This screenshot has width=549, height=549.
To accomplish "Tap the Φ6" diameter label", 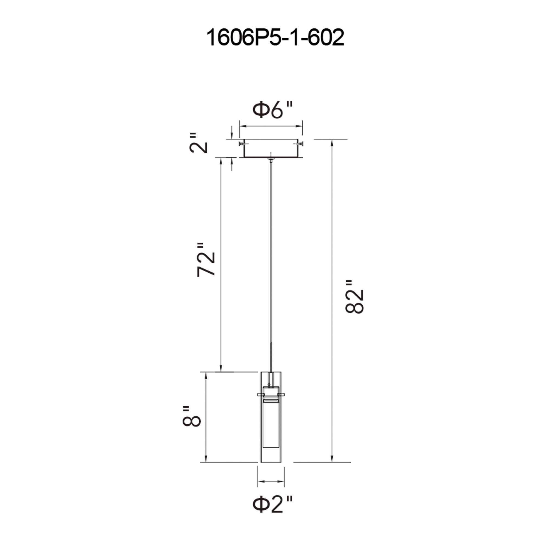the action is [x=272, y=110].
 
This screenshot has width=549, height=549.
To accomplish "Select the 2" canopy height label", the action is [x=198, y=143].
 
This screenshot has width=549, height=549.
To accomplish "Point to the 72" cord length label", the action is [x=205, y=259].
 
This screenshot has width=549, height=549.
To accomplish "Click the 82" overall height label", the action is [x=354, y=297].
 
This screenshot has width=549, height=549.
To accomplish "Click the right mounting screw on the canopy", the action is [x=300, y=144].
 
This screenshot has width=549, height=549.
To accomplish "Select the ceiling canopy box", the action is [x=271, y=148].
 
